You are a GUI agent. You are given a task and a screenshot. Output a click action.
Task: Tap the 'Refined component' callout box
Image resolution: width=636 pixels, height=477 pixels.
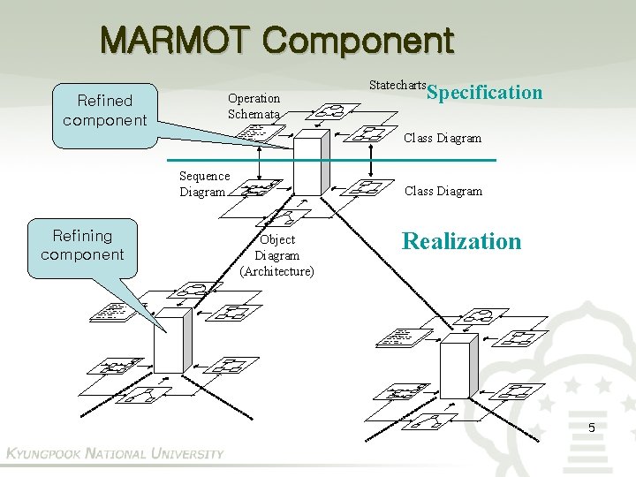coord(104,110)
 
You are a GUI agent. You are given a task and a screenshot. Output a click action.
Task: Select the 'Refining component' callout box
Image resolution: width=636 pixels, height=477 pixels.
coord(82,246)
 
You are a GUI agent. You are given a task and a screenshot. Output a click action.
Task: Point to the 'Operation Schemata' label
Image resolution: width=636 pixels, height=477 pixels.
coord(254,106)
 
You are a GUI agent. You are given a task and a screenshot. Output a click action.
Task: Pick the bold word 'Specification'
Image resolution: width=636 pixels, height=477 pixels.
coord(484,92)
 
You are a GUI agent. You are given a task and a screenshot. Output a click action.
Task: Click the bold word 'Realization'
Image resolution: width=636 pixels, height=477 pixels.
coord(462,241)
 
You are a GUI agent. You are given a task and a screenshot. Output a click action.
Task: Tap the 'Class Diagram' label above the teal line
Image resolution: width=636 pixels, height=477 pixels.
coord(443,138)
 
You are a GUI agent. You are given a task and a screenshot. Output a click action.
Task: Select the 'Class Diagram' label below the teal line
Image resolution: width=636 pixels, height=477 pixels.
coord(443,191)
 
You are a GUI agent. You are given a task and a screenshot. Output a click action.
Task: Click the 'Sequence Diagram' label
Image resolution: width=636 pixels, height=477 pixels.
coord(204,184)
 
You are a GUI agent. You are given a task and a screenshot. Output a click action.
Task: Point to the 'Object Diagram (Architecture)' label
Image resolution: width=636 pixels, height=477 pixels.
coord(276,255)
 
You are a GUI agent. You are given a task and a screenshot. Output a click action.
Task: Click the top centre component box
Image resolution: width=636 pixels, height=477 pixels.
coord(308,164)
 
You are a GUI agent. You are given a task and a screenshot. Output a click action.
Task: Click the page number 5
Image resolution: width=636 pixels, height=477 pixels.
coord(592,428)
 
